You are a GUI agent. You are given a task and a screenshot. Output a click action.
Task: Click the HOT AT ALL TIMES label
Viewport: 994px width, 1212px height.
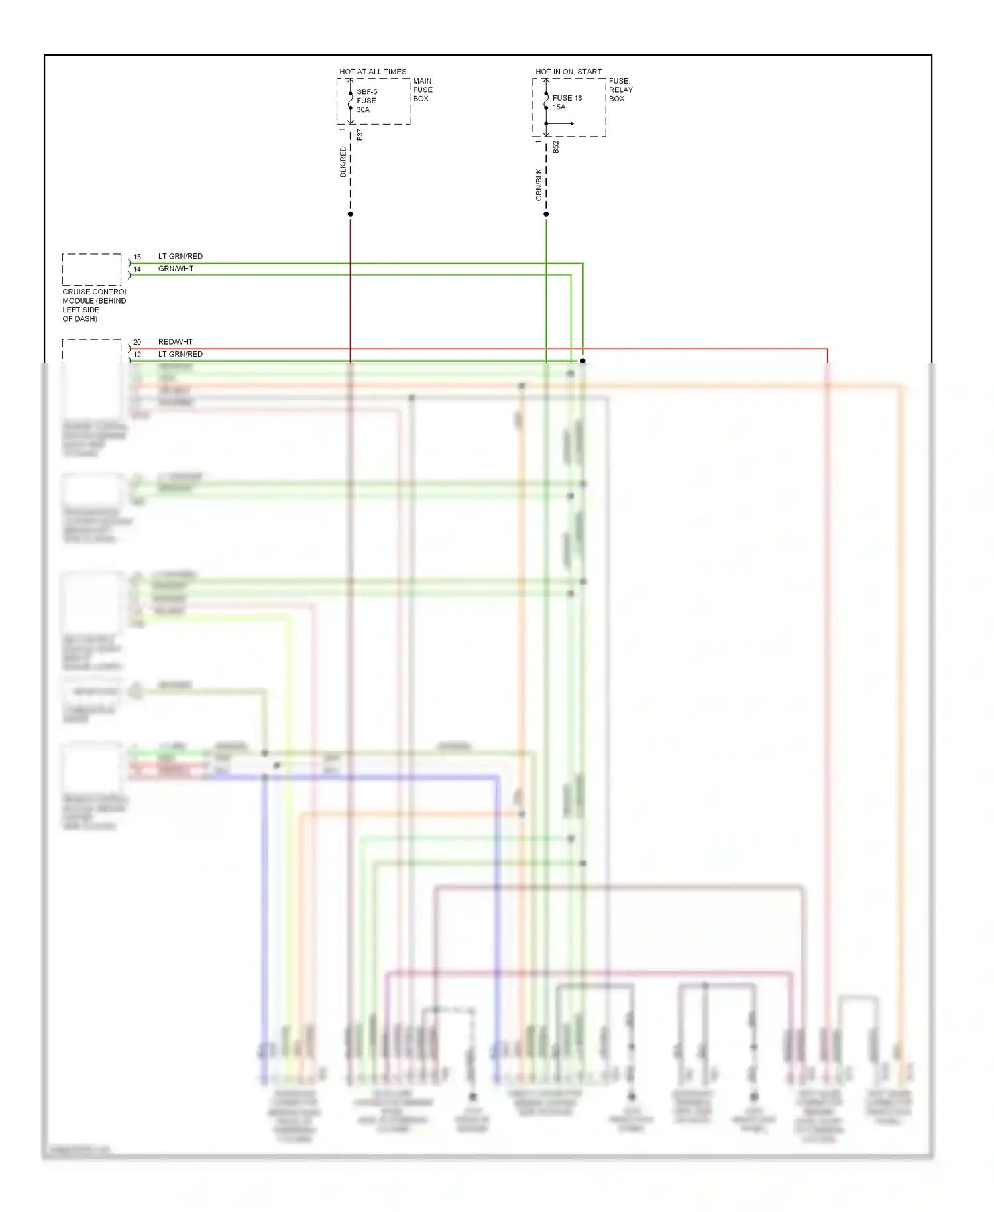[372, 72]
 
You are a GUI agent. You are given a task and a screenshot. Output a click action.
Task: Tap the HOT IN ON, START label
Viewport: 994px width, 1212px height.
[569, 72]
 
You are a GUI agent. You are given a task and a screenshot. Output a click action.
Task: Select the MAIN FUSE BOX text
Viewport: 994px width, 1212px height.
[422, 90]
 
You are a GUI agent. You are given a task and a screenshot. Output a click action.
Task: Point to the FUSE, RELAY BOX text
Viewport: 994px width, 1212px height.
[620, 90]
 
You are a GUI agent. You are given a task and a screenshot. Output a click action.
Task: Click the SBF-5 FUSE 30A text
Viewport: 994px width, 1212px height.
[366, 101]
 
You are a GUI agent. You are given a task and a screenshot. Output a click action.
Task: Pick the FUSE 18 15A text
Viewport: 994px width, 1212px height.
[567, 103]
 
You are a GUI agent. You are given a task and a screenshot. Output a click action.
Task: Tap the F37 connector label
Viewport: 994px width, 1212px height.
[360, 135]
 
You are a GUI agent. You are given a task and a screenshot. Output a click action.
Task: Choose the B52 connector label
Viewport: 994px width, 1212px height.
[556, 147]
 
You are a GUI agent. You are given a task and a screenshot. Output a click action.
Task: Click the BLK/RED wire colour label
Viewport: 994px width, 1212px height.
[343, 162]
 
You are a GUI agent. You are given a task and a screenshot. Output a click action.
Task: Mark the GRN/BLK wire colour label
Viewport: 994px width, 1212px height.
[539, 184]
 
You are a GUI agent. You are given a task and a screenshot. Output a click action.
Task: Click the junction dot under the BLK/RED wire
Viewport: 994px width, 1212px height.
[351, 214]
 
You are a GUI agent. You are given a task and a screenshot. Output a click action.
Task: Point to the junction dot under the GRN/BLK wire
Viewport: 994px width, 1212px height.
[546, 214]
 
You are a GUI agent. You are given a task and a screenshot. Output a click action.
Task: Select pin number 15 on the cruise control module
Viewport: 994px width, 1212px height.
[137, 257]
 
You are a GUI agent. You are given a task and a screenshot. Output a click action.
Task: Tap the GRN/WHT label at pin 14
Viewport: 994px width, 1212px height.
[176, 269]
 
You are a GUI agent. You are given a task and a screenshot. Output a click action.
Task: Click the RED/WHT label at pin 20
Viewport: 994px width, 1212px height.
[175, 342]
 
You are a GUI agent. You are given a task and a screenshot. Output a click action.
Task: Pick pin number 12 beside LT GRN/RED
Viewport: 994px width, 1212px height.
[137, 355]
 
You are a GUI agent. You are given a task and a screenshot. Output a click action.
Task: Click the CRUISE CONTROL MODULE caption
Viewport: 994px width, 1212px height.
[95, 305]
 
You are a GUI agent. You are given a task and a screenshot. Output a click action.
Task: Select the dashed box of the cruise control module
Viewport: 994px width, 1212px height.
[91, 269]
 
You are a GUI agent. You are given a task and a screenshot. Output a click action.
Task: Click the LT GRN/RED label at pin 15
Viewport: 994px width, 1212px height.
[180, 256]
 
